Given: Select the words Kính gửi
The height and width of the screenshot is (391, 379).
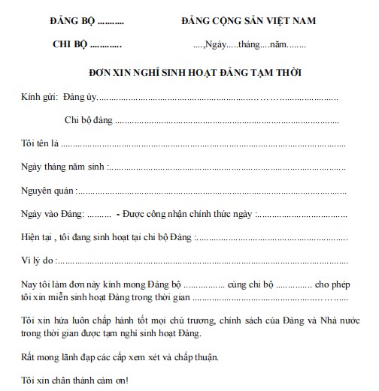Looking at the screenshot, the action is point(40,97).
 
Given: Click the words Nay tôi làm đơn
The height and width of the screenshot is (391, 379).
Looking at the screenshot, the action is point(53,284).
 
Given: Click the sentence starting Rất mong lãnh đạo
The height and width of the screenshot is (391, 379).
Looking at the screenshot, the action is point(120,356).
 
